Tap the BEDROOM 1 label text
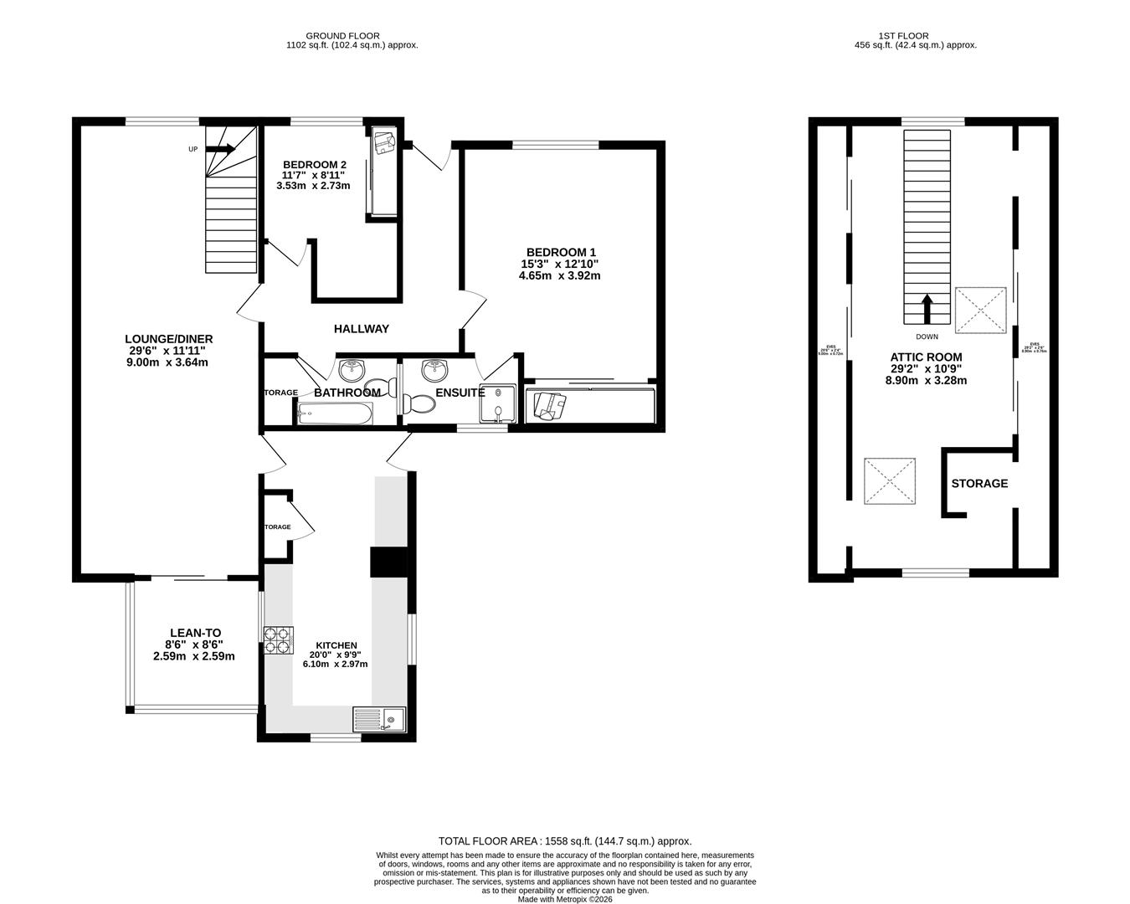[x=561, y=252]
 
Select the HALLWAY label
[x=362, y=329]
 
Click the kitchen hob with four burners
[x=279, y=640]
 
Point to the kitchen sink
[x=378, y=720]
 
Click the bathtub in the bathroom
[x=333, y=413]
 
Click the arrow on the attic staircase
[x=927, y=308]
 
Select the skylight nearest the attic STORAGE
[x=889, y=481]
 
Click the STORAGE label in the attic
[x=979, y=484]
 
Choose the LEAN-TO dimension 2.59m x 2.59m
[x=194, y=656]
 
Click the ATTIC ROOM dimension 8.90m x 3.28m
[x=926, y=380]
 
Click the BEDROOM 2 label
[x=315, y=164]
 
